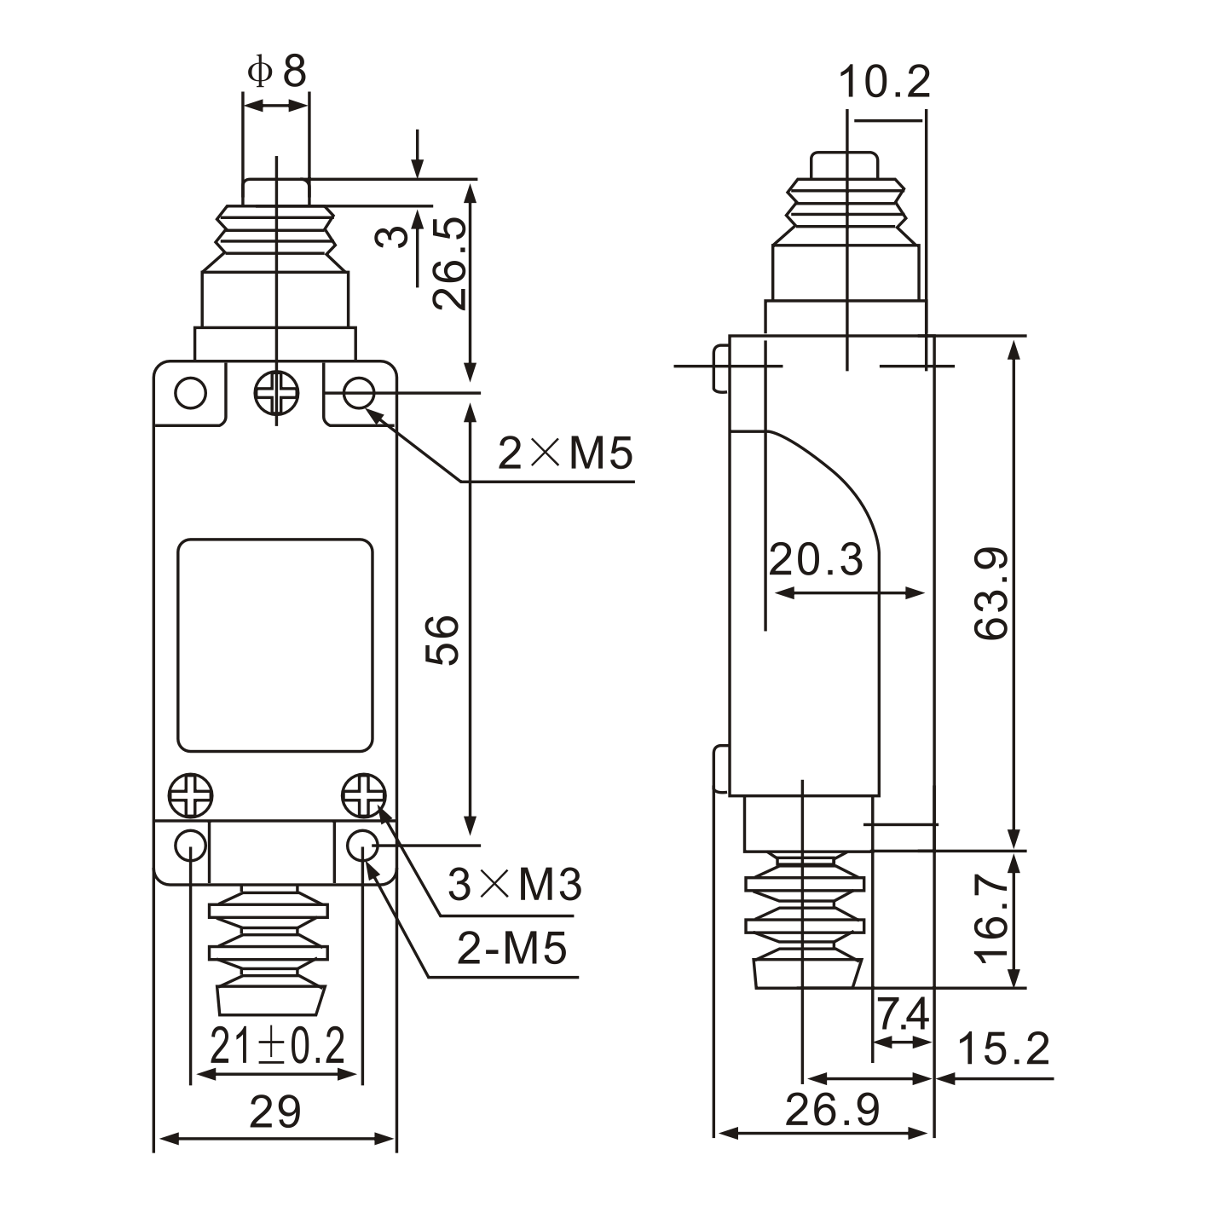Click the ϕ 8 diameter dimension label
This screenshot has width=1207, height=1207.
pos(276,72)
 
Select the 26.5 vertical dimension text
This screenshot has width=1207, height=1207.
pos(449,263)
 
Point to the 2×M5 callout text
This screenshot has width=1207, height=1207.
pos(565,453)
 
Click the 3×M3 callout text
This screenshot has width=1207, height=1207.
pos(515,885)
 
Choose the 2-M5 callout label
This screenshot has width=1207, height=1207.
pos(511,948)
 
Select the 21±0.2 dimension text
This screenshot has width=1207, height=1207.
pos(277,1046)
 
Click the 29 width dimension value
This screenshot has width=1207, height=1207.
pos(274,1112)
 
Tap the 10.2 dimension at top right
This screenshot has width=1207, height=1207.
pos(884,83)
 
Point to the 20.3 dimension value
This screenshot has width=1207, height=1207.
pos(816,560)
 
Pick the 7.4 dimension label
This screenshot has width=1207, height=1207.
pos(903,1014)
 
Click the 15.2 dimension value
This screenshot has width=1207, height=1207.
pos(1003,1048)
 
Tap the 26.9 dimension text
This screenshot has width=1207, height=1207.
pos(832,1110)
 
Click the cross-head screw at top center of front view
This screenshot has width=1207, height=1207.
pos(277,394)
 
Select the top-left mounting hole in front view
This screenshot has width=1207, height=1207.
pos(190,393)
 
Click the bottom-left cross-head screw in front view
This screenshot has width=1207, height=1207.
pos(190,797)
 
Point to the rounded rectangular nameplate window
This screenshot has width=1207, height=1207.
pos(275,645)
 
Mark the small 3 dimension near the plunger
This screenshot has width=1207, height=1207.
pos(393,235)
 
